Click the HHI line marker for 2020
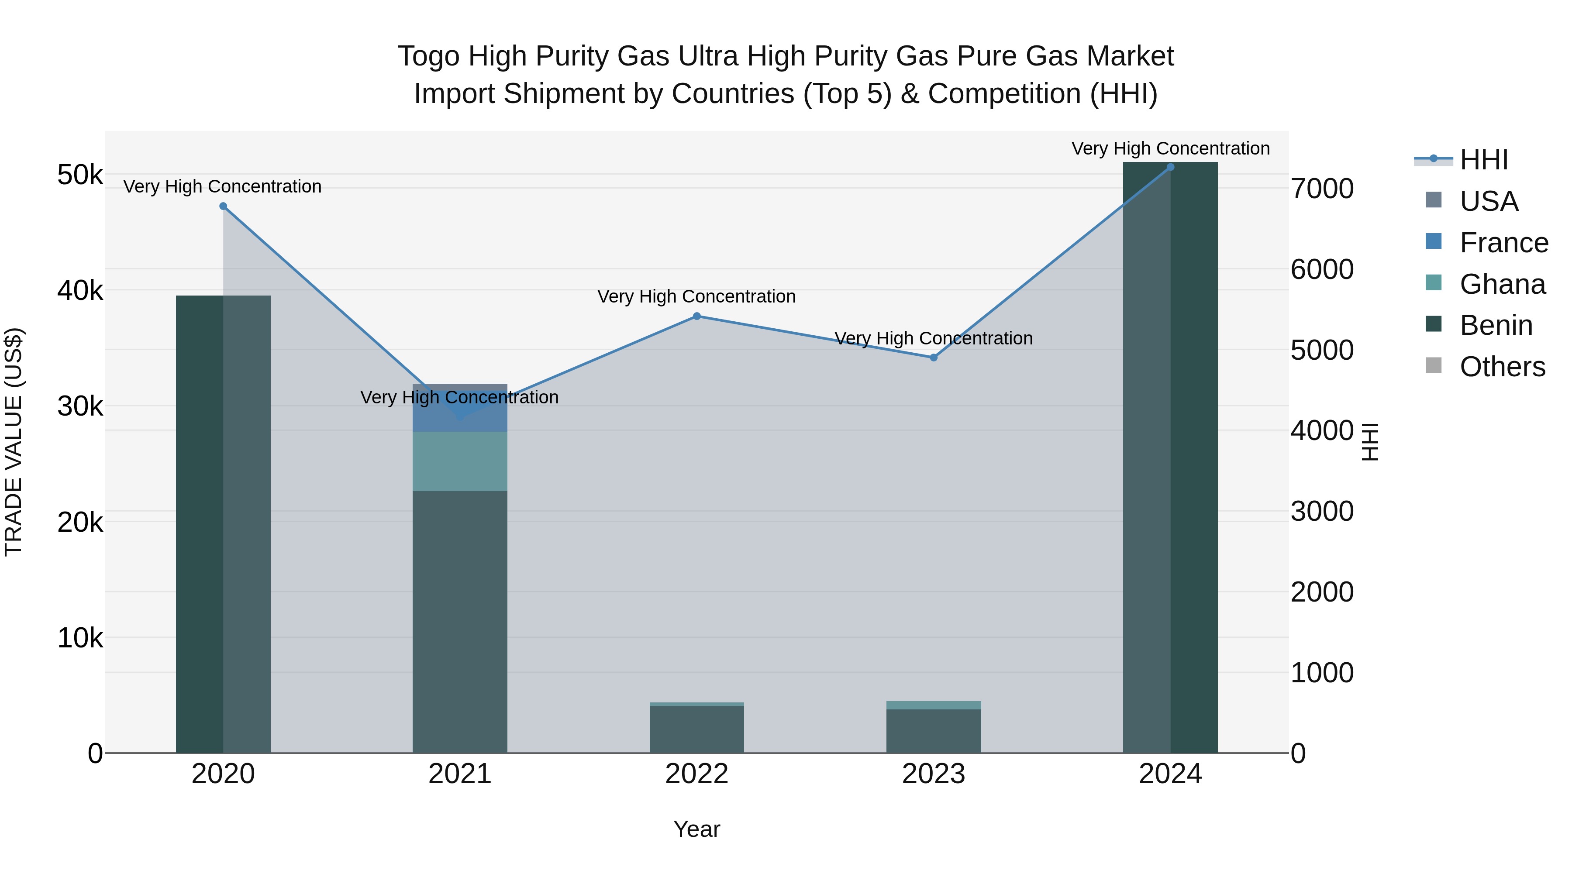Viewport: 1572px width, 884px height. tap(223, 206)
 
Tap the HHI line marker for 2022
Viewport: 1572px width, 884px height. tap(697, 316)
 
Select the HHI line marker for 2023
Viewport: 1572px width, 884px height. tap(934, 358)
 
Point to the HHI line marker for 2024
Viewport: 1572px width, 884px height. tap(1170, 167)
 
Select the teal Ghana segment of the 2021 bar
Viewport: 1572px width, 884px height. tap(460, 462)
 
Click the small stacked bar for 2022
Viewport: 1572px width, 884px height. tap(697, 729)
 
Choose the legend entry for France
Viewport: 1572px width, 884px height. tap(1503, 243)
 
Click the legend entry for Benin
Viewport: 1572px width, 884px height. tap(1496, 325)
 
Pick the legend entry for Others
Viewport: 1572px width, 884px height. tap(1502, 367)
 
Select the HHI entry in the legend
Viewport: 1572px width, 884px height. tap(1483, 160)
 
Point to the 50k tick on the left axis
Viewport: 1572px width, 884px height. tap(80, 175)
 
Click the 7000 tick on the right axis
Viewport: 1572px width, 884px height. tap(1322, 189)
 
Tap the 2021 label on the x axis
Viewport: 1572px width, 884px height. tap(460, 774)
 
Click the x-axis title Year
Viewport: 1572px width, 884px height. tap(697, 829)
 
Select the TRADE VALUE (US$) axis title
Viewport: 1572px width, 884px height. tap(14, 442)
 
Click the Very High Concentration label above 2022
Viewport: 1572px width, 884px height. tap(697, 296)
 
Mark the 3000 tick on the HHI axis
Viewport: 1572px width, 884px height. tap(1322, 511)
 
